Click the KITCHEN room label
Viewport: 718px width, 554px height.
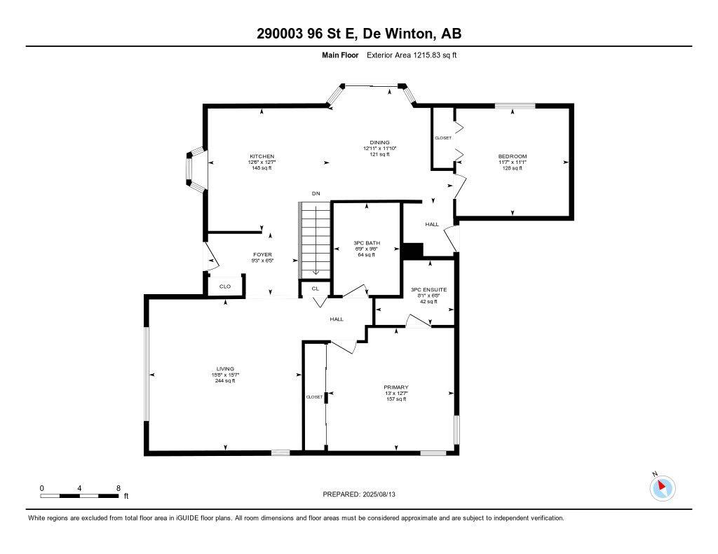click(262, 156)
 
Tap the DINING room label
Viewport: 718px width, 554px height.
click(380, 142)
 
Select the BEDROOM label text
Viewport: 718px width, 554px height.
click(512, 156)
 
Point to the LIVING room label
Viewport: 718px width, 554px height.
click(225, 369)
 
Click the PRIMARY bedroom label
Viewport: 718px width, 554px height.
click(395, 387)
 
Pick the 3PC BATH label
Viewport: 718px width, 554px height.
click(367, 242)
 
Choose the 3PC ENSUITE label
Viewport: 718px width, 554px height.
click(428, 289)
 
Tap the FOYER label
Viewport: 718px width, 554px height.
click(263, 254)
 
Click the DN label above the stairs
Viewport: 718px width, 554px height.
click(316, 193)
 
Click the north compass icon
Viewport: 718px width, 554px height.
click(663, 487)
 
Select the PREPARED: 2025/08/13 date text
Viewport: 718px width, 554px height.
click(364, 494)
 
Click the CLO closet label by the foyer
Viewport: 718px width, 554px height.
click(225, 286)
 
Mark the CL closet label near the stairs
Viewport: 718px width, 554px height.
click(316, 288)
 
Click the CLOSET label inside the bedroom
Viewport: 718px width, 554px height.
click(443, 138)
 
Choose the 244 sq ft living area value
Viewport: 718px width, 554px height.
click(225, 380)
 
